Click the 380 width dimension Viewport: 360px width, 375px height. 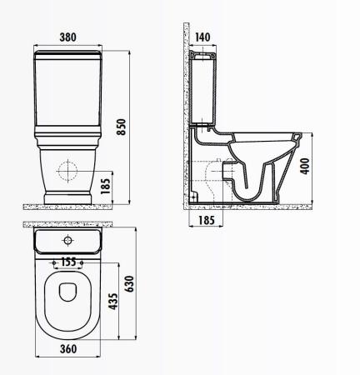point(68,36)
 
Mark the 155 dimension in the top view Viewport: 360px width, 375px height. point(68,262)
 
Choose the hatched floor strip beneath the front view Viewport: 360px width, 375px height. point(68,203)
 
